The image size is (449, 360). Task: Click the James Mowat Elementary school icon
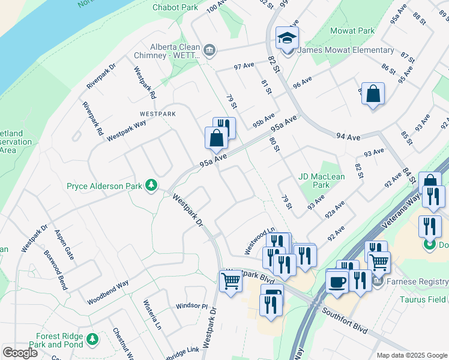[287, 38]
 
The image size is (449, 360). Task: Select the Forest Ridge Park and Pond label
[56, 340]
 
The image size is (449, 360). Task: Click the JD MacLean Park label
[322, 181]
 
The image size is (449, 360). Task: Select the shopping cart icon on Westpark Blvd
[231, 281]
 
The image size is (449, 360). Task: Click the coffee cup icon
[336, 281]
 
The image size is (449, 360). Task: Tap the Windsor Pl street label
[191, 306]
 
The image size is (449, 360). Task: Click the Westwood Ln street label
[259, 239]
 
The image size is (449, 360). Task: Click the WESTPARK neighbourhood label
[157, 113]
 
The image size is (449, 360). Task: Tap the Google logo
[20, 352]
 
